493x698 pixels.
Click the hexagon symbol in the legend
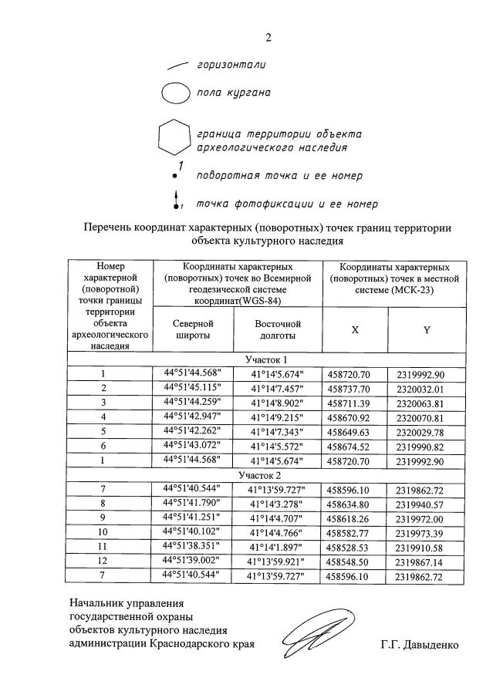coord(174,139)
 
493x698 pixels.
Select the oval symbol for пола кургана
coord(175,93)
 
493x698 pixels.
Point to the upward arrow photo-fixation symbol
coord(176,199)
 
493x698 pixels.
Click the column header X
coord(355,329)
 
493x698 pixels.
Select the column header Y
coord(427,329)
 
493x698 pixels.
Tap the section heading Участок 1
coord(266,359)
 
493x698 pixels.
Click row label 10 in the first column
coord(103,532)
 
